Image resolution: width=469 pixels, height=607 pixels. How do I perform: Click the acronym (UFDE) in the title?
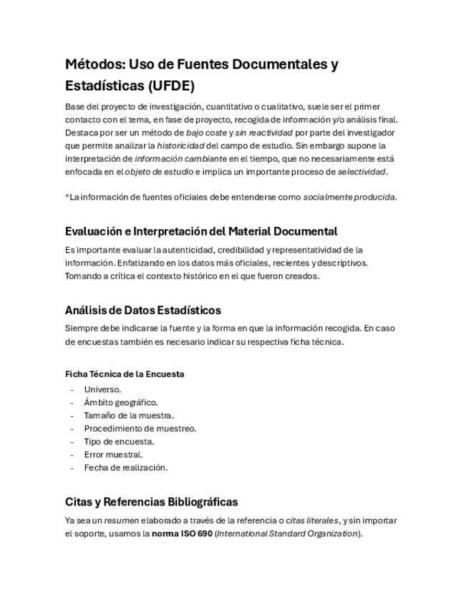(170, 87)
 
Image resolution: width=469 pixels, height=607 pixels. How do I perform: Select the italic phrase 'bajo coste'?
(206, 132)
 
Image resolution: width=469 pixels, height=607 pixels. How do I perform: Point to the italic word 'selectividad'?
(362, 172)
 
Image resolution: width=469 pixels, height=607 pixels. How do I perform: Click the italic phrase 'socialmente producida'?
(349, 197)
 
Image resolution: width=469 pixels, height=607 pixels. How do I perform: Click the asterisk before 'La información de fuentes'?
(67, 197)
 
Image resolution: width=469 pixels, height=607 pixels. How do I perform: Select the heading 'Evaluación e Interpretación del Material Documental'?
(200, 231)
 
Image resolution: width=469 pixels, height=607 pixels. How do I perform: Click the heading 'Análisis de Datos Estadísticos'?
(142, 310)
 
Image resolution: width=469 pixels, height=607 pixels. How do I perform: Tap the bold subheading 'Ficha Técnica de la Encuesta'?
(124, 374)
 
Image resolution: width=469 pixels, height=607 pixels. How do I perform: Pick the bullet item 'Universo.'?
(102, 389)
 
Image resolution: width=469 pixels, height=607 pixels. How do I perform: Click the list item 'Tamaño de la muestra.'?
(129, 415)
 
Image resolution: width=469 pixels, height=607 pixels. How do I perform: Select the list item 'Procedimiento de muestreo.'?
(140, 428)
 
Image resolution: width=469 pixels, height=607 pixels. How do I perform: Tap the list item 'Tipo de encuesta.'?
(119, 441)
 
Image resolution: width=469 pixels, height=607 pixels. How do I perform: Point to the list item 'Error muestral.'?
(113, 454)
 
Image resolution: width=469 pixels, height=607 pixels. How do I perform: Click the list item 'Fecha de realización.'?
(125, 467)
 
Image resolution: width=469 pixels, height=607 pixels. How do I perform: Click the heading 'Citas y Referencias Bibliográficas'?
(151, 501)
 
